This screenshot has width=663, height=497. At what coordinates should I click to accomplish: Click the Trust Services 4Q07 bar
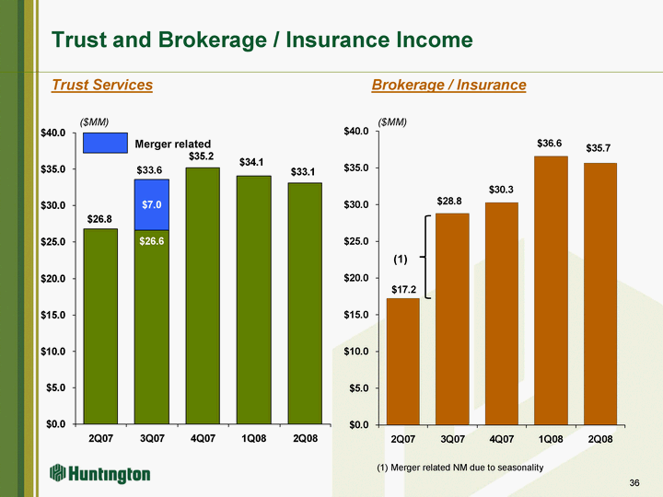(203, 295)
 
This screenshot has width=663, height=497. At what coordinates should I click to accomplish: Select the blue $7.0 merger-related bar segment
(152, 204)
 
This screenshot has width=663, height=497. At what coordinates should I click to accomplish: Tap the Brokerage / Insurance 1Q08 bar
(552, 290)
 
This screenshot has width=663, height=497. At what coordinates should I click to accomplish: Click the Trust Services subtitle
(102, 86)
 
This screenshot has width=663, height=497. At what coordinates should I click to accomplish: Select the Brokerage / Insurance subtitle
(448, 86)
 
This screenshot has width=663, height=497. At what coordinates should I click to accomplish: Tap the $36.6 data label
(551, 144)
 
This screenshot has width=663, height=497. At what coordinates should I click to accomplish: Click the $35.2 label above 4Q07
(203, 156)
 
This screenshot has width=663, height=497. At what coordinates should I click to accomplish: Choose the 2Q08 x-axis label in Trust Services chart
(305, 438)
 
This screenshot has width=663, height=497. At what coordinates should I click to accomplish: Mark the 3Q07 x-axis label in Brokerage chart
(452, 438)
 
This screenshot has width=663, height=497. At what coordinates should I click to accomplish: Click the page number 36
(634, 483)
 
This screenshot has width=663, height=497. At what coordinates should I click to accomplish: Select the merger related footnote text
(460, 468)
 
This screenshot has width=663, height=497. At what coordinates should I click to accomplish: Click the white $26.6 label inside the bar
(152, 241)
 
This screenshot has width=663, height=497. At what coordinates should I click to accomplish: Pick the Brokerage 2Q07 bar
(403, 361)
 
